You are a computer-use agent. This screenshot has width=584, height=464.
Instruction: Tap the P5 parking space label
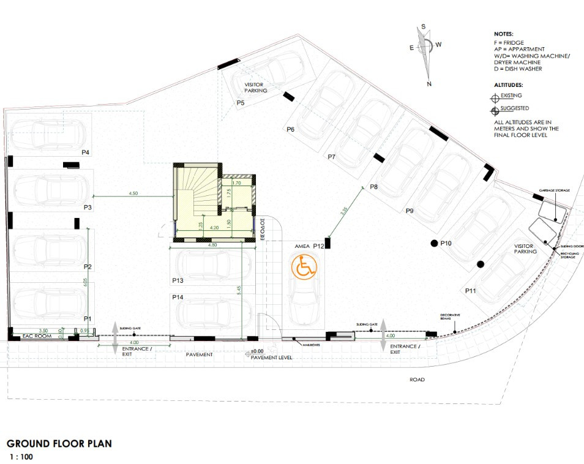(241, 102)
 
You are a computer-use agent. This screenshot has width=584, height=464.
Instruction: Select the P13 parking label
(178, 280)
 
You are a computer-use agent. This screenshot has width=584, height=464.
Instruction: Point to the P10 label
(446, 244)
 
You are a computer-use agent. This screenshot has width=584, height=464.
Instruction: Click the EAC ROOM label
(36, 337)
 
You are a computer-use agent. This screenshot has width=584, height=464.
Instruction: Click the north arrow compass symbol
(426, 54)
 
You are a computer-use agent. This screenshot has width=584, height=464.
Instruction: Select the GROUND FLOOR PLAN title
(59, 444)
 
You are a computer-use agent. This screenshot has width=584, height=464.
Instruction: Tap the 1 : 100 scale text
(20, 457)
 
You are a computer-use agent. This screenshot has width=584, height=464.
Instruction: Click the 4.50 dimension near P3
(133, 193)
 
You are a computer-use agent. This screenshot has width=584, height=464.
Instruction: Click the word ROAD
(417, 380)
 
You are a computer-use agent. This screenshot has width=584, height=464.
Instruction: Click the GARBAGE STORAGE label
(555, 191)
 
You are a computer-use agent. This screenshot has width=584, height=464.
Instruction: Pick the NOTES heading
(504, 34)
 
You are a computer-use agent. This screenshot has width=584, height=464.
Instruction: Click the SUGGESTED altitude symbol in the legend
(495, 111)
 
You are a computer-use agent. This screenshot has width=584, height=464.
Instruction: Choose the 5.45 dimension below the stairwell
(239, 289)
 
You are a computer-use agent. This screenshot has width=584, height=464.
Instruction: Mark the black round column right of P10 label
(481, 264)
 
